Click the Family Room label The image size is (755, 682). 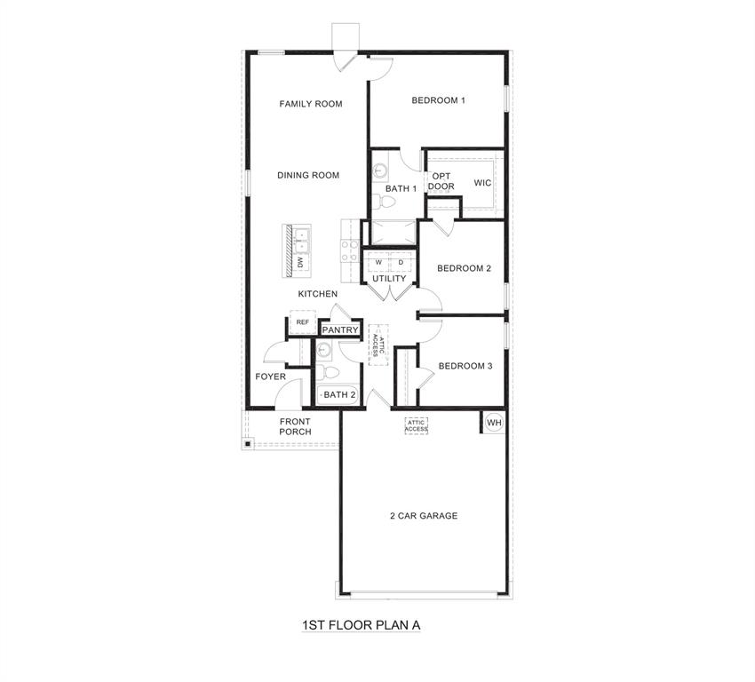click(311, 104)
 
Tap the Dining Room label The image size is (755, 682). click(308, 175)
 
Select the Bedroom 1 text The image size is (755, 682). click(439, 100)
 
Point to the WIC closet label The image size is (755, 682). click(482, 183)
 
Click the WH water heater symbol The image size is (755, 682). click(494, 423)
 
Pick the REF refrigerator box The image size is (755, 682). click(303, 322)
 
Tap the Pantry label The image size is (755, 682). click(340, 330)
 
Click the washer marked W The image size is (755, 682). click(377, 262)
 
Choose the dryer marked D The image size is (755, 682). click(401, 262)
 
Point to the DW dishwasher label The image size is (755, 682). click(301, 263)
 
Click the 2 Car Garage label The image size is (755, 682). click(424, 516)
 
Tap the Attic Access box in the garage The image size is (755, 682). click(417, 426)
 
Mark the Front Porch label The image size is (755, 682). click(295, 426)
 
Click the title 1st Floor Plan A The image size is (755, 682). click(360, 625)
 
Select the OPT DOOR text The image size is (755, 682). click(441, 181)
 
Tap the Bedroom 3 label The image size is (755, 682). click(465, 366)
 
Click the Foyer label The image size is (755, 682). click(271, 377)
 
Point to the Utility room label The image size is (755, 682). click(389, 279)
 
